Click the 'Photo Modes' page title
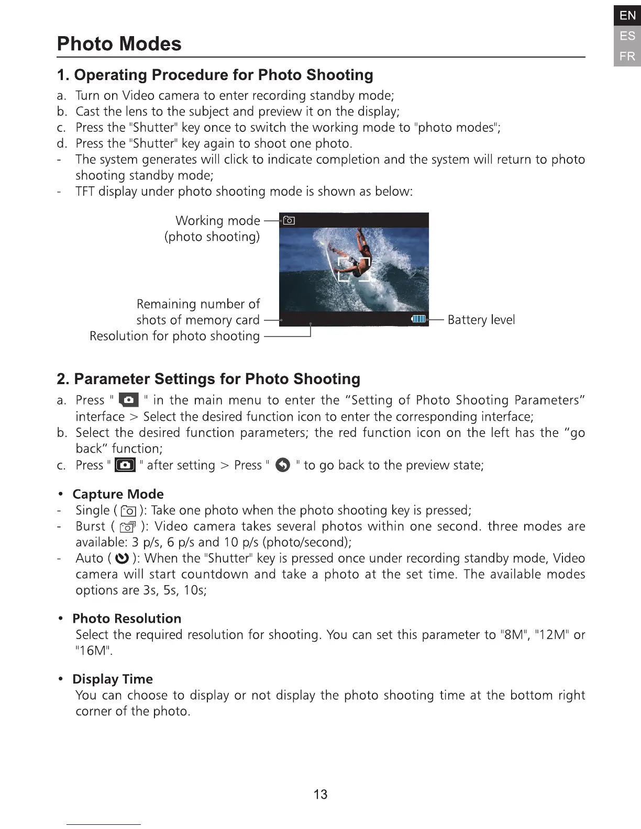click(x=119, y=43)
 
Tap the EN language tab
click(x=627, y=16)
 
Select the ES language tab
click(x=627, y=36)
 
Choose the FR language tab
click(x=627, y=56)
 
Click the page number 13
click(x=320, y=794)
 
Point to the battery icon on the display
click(x=419, y=319)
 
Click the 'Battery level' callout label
click(x=481, y=319)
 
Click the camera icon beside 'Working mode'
click(x=289, y=220)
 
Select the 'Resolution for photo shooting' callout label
click(x=174, y=336)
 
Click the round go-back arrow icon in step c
click(x=282, y=465)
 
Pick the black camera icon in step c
click(x=125, y=465)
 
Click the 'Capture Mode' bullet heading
click(x=118, y=494)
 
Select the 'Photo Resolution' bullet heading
click(x=127, y=619)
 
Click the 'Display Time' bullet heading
click(x=113, y=679)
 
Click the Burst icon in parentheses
click(x=128, y=527)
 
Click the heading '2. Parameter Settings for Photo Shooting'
click(x=208, y=379)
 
